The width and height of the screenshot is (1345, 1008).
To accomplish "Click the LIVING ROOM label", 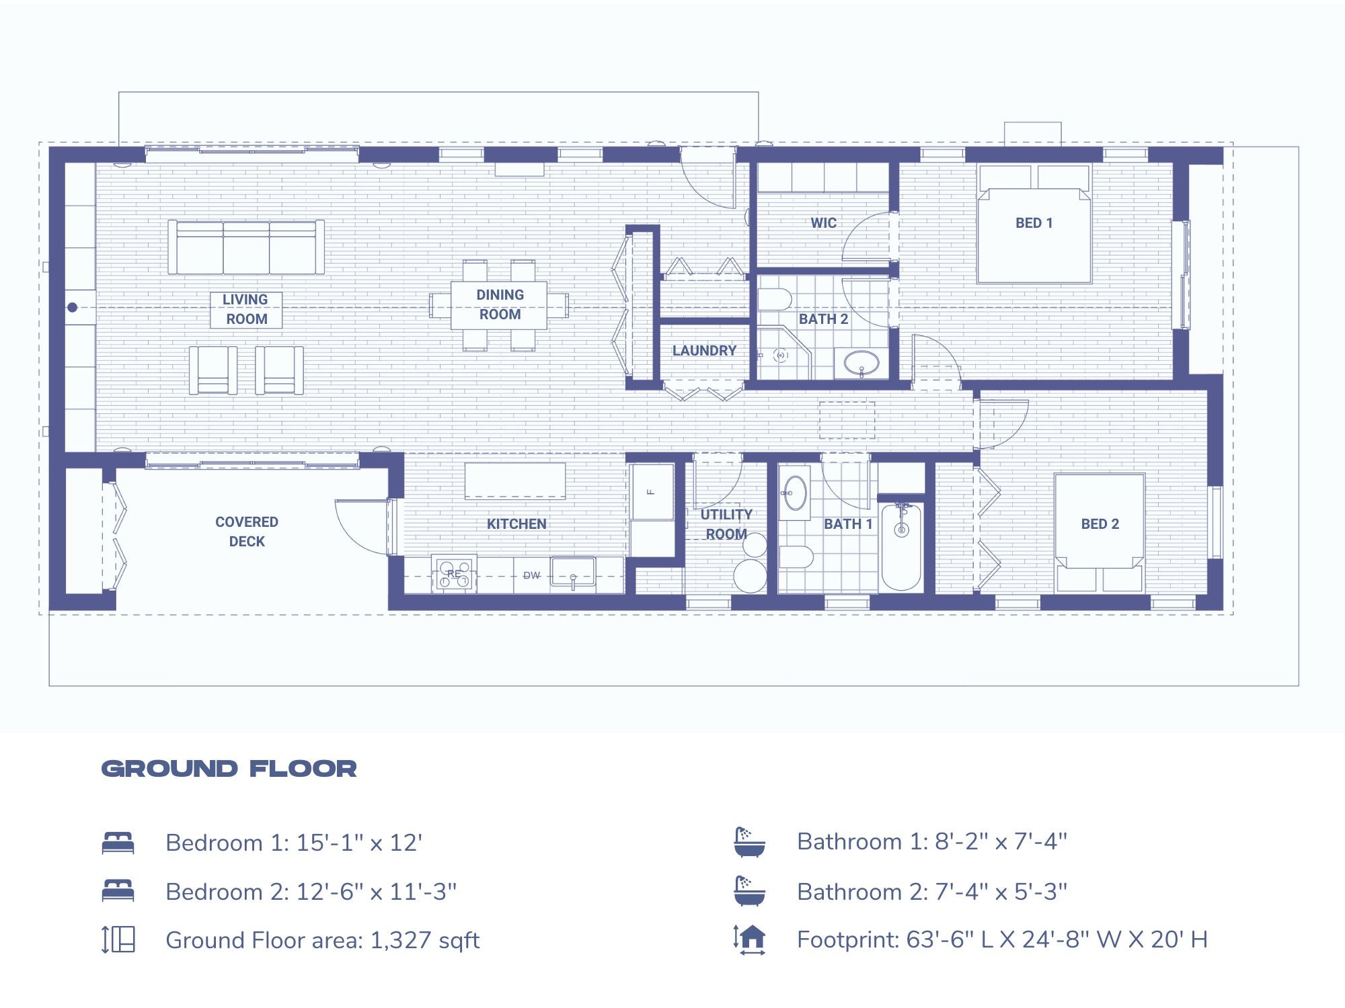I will click(245, 309).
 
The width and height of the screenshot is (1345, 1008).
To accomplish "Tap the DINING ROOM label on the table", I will click(499, 304).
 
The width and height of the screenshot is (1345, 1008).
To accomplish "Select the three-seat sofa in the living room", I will click(246, 247).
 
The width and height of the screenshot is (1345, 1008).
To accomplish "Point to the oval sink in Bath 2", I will click(861, 364).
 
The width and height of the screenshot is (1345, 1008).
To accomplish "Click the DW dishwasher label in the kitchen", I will click(531, 575).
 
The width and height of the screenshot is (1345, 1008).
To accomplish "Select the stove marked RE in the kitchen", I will click(454, 575).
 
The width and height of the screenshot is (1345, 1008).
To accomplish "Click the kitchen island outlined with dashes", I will click(515, 480).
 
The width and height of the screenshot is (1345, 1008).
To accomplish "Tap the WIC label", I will click(823, 222).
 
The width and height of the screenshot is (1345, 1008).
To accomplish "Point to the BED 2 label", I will click(1100, 523).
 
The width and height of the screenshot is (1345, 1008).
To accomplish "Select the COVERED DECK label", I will click(247, 532).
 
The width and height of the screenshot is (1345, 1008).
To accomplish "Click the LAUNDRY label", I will click(704, 350).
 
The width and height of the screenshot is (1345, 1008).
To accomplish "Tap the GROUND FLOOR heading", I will click(229, 769).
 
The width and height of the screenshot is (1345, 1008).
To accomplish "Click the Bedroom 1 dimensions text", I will click(294, 843).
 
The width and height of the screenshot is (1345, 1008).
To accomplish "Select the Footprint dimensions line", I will click(1002, 939).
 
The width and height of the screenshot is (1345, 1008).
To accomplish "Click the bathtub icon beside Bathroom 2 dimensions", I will click(749, 891).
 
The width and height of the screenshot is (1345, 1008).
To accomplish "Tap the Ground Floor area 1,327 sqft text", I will click(323, 940).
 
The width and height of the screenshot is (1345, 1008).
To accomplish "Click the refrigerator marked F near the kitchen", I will click(652, 492).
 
